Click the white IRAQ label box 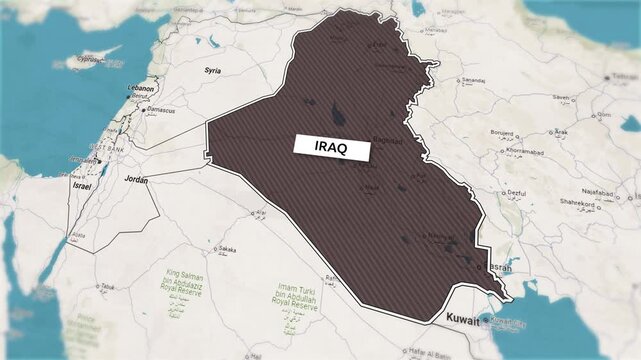[x=331, y=146]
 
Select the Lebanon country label [x=141, y=88]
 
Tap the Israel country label [x=82, y=186]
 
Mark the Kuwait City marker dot [x=486, y=320]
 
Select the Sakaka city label [x=227, y=249]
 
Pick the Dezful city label [x=515, y=192]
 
